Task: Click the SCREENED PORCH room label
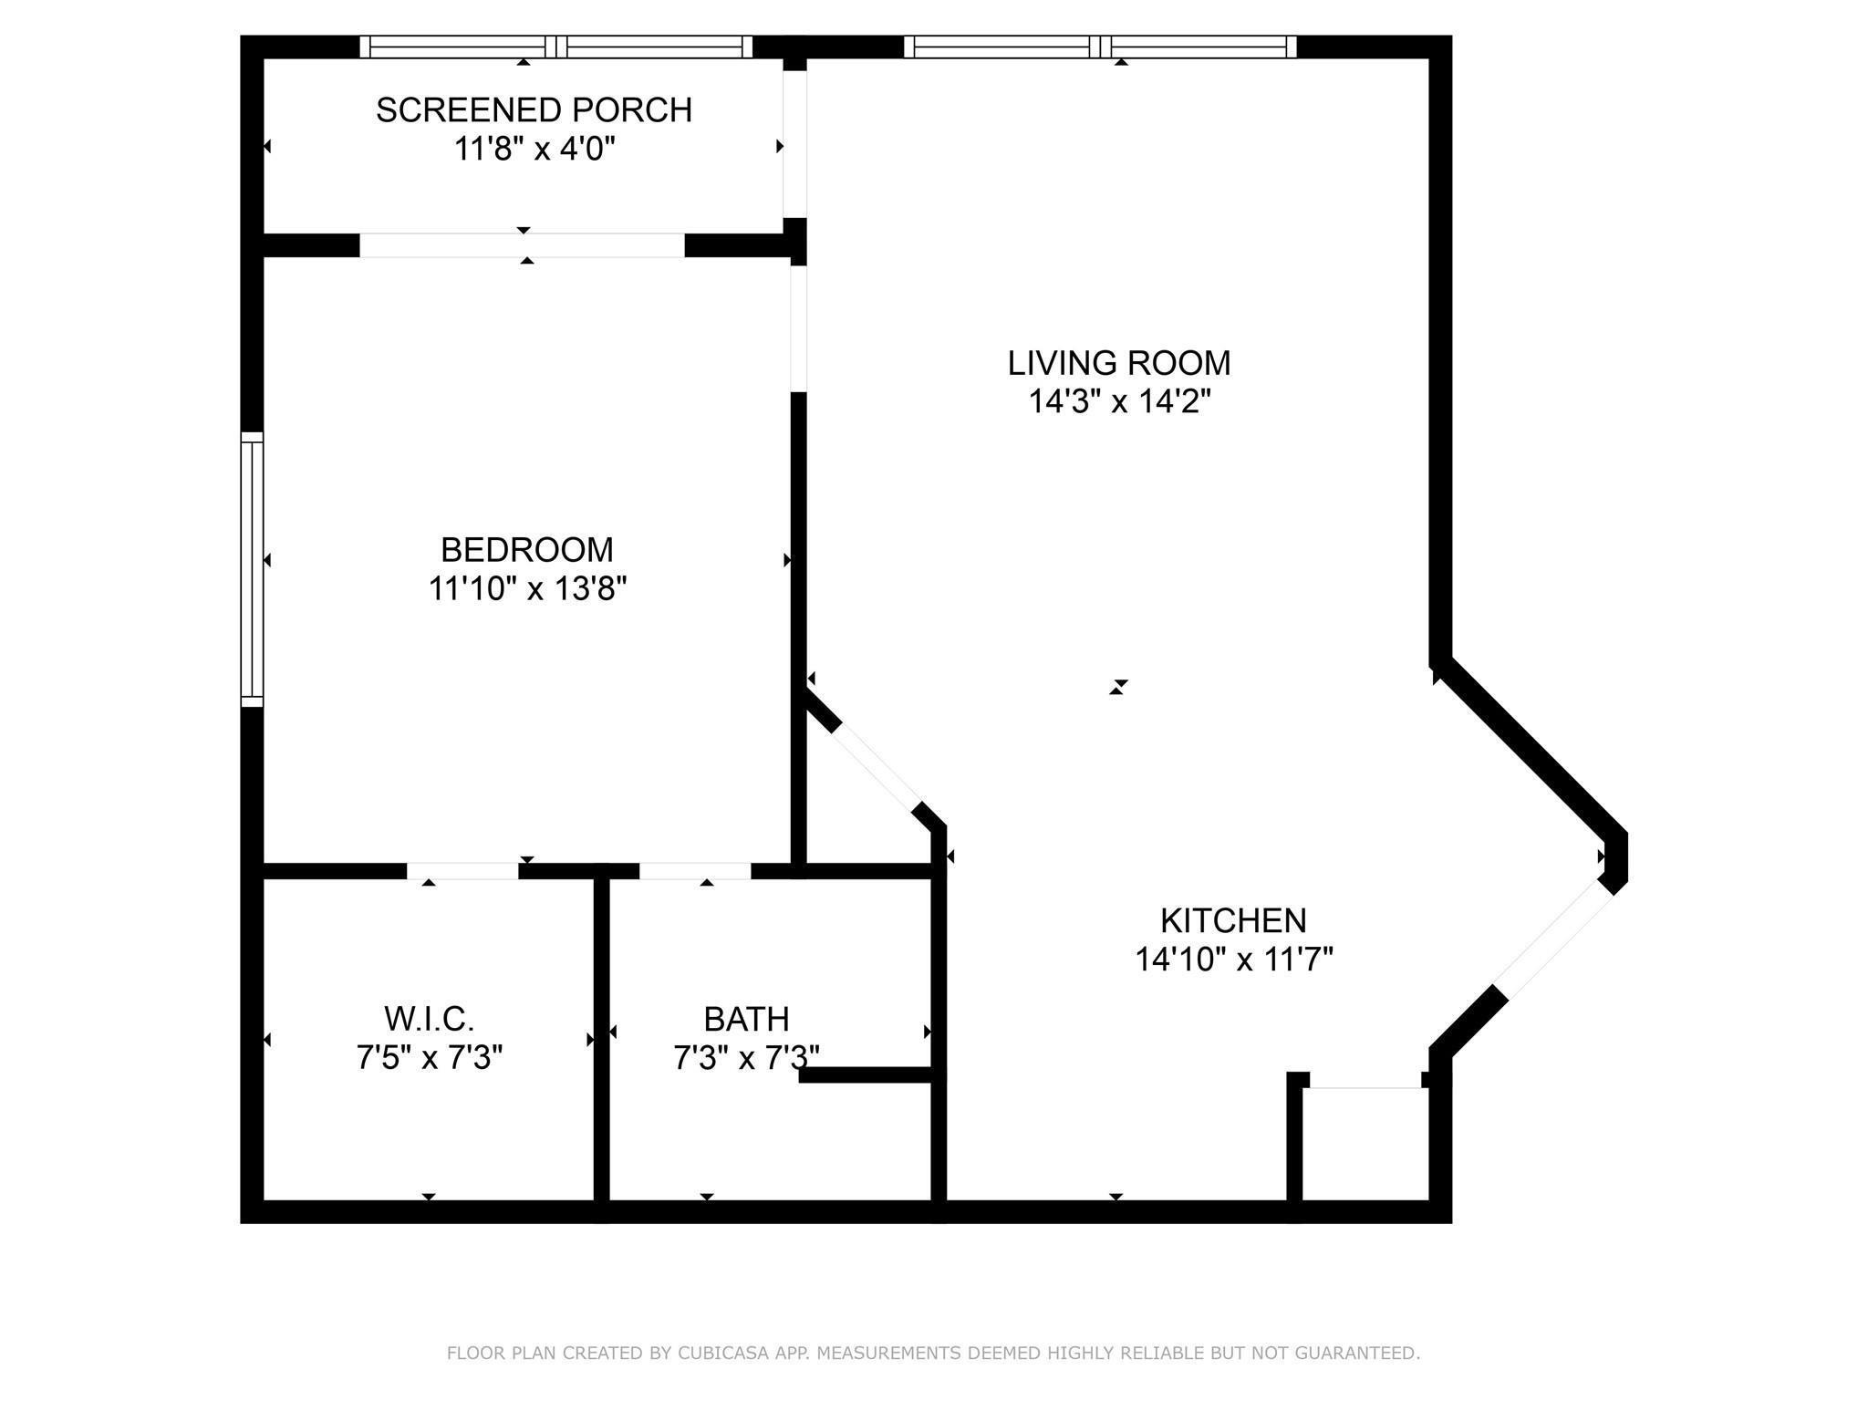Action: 534,110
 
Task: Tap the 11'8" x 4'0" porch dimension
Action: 534,149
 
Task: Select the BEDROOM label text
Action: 527,550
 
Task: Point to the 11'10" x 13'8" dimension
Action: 527,589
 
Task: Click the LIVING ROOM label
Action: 1118,363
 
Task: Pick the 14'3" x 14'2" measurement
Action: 1119,401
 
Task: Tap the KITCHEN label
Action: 1232,920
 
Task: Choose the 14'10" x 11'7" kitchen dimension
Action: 1233,960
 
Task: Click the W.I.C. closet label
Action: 429,1018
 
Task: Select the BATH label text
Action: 746,1019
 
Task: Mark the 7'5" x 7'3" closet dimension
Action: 429,1058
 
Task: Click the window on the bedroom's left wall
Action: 252,569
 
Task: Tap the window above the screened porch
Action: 555,47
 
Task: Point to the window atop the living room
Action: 1100,47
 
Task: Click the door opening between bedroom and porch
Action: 522,245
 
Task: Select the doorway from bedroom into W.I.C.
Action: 462,872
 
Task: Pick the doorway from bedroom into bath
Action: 695,872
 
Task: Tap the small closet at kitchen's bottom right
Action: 1365,1145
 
